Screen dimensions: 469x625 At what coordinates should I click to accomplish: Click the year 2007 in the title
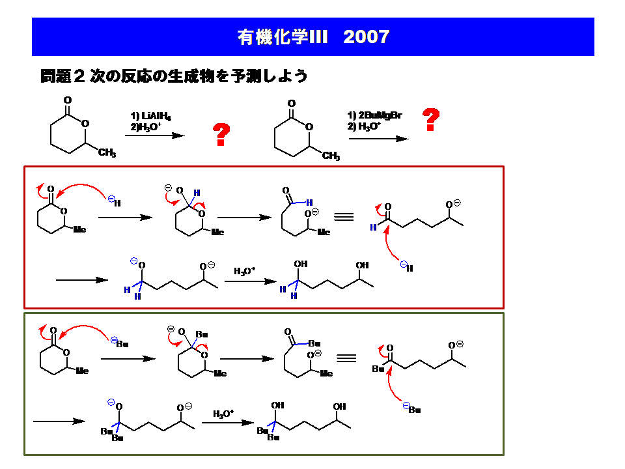[x=366, y=36]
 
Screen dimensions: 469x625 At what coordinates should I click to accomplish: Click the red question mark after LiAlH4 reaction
[x=222, y=135]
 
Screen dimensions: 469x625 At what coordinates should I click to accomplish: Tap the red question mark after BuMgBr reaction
[x=430, y=120]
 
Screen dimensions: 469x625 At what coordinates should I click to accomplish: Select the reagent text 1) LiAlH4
[x=150, y=117]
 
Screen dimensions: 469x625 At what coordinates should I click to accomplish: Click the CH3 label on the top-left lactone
[x=107, y=153]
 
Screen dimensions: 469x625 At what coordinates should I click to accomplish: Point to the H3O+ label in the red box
[x=245, y=270]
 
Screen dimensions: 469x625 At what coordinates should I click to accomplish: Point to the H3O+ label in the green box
[x=223, y=413]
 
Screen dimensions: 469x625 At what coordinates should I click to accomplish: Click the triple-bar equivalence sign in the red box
[x=344, y=217]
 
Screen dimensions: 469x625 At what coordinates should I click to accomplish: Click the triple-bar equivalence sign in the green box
[x=346, y=358]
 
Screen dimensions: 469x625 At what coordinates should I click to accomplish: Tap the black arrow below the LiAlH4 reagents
[x=155, y=135]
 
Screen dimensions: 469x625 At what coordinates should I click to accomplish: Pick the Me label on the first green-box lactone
[x=82, y=371]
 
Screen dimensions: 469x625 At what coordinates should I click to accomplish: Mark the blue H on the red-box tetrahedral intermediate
[x=197, y=193]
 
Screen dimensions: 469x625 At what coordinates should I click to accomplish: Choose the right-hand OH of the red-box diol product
[x=362, y=265]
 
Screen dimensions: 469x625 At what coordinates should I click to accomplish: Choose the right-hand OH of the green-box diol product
[x=340, y=406]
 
